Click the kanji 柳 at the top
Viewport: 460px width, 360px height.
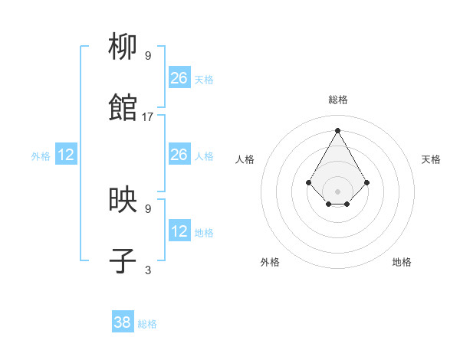[x=123, y=47]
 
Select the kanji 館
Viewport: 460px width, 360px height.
[x=123, y=108]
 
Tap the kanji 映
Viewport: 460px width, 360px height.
[x=123, y=201]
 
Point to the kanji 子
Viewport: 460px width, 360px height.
[x=123, y=261]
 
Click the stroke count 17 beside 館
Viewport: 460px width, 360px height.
[x=148, y=117]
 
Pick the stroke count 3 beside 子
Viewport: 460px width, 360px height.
[x=148, y=270]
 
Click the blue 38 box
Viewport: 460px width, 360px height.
[x=123, y=322]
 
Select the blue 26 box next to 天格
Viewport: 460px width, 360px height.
[x=179, y=78]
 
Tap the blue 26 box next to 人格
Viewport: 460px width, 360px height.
[x=179, y=155]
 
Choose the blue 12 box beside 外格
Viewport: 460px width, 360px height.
[x=66, y=155]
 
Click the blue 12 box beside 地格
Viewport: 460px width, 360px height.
[x=179, y=231]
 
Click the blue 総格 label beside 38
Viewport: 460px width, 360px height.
[x=147, y=324]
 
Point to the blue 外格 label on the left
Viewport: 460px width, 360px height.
[x=41, y=156]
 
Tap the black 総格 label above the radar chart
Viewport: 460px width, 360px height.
[x=337, y=100]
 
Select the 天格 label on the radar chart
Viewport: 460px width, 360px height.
[x=431, y=159]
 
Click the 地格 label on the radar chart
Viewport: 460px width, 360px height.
[x=402, y=262]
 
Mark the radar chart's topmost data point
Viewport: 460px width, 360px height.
[x=337, y=129]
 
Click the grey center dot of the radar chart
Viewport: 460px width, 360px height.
[x=337, y=191]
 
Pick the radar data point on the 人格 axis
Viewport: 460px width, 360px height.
[x=308, y=182]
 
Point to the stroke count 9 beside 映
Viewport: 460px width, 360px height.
[x=148, y=208]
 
